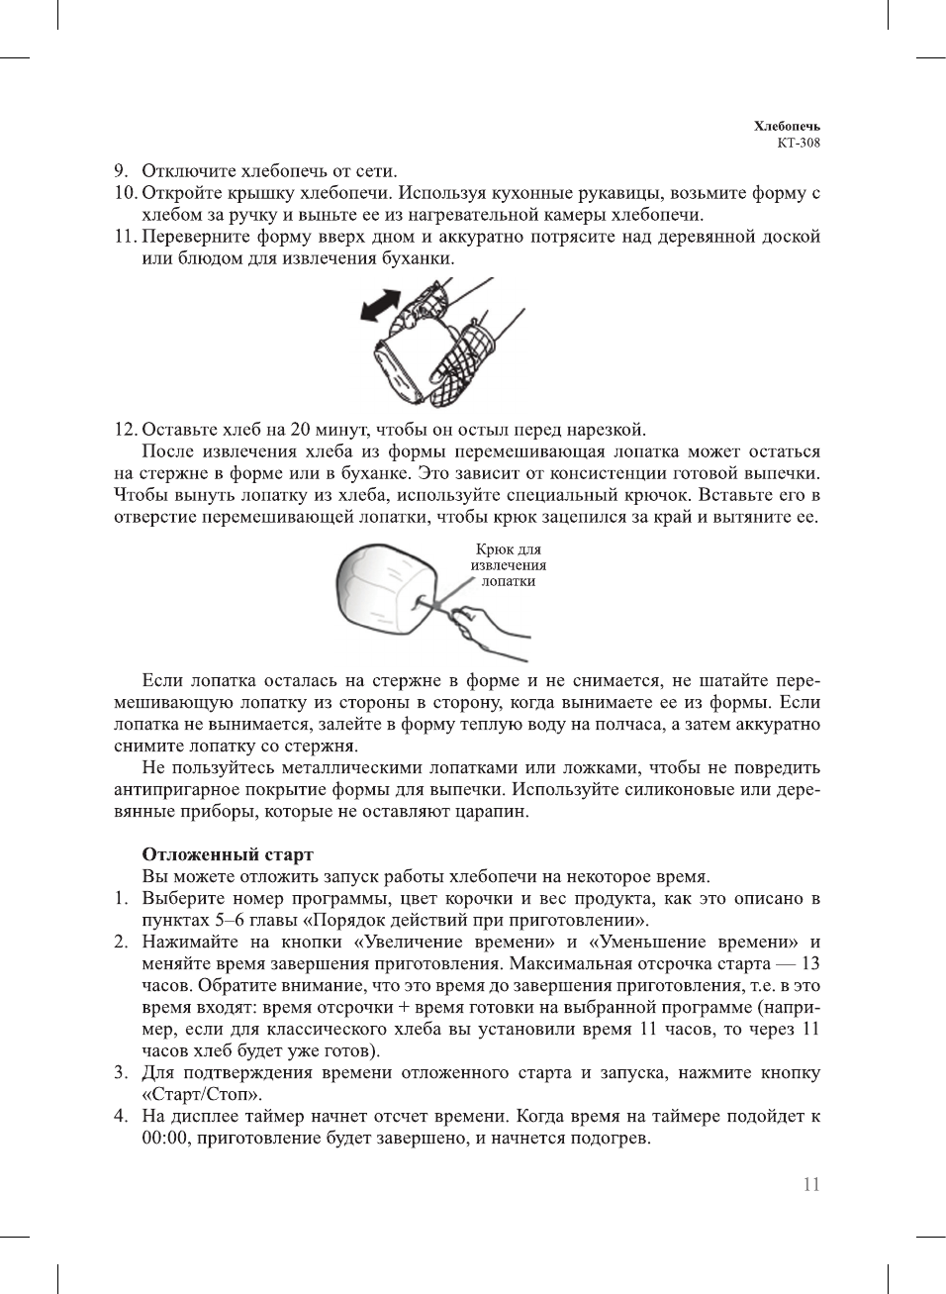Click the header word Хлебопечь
tap(786, 127)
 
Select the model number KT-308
tap(798, 143)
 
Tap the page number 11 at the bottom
tap(811, 1185)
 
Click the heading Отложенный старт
tap(228, 854)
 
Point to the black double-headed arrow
tap(380, 305)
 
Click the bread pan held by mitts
tap(401, 366)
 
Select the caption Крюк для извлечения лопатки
tap(508, 565)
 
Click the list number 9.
tap(121, 171)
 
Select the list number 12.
tap(125, 430)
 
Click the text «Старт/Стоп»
tap(202, 1094)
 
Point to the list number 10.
tap(125, 193)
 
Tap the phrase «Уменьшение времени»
tap(694, 942)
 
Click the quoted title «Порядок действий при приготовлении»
tap(474, 920)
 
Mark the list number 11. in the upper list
tap(125, 237)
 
